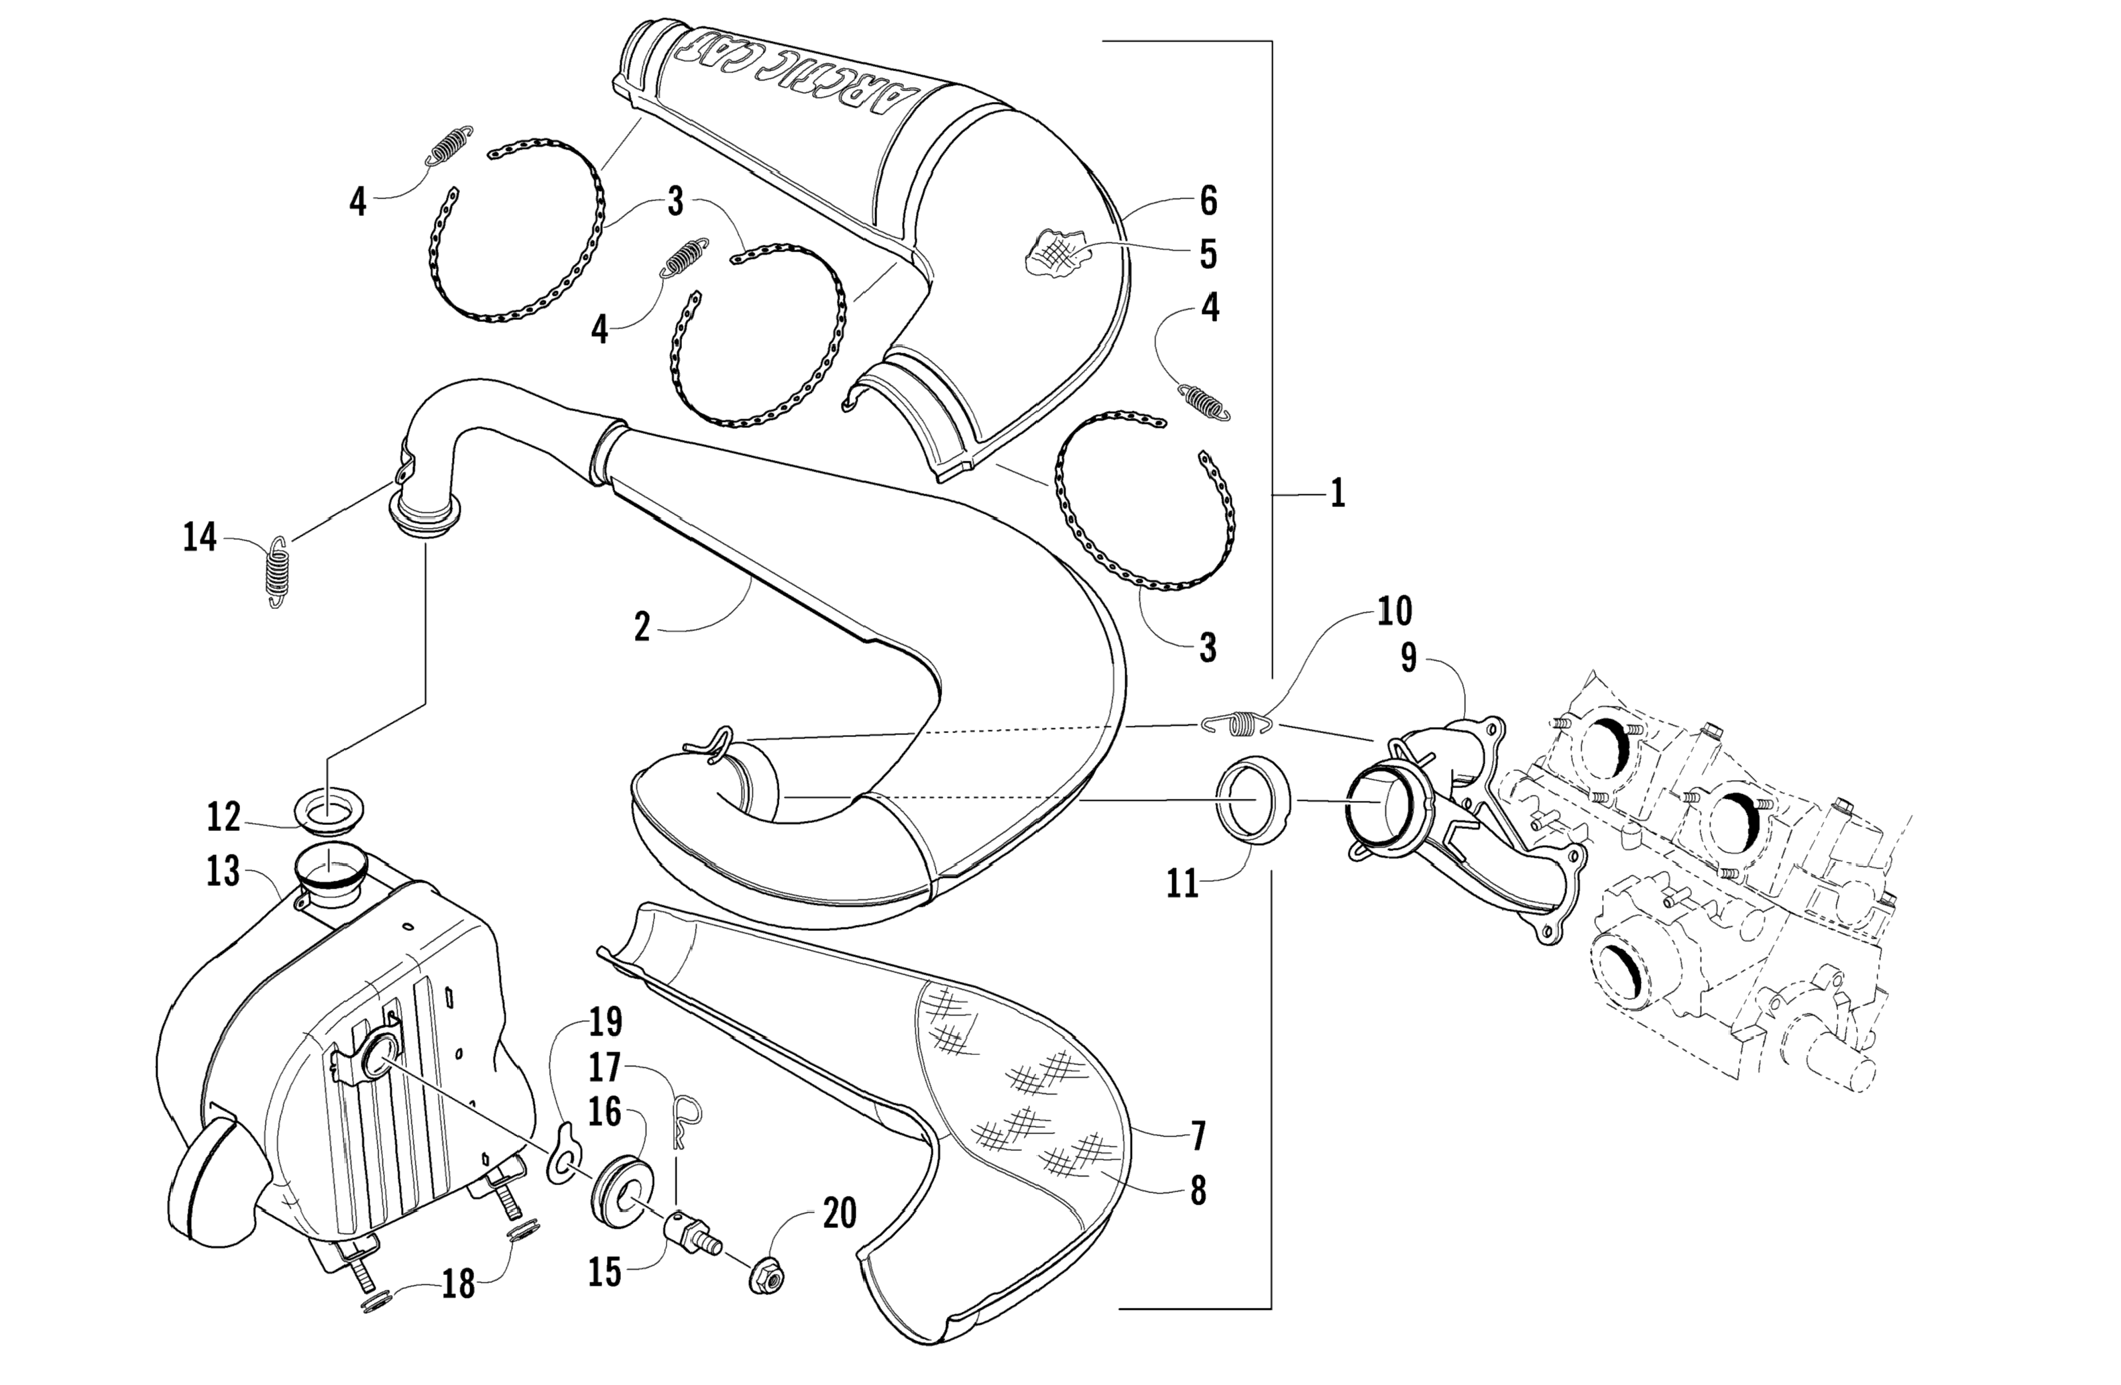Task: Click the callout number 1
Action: tap(1336, 493)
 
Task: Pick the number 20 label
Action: tap(839, 1213)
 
